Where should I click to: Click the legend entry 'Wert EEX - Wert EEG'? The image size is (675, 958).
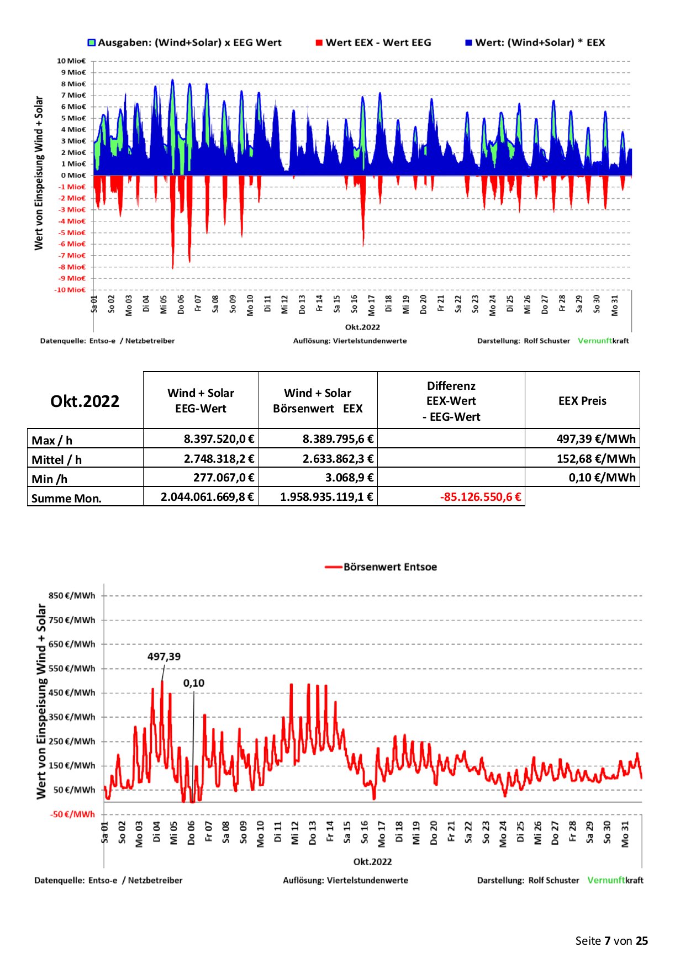[373, 43]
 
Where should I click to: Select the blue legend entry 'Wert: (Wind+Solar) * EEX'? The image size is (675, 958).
[535, 43]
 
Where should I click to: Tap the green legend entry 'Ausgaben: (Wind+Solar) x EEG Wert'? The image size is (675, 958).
[184, 43]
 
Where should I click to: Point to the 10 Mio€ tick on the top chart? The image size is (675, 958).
[71, 61]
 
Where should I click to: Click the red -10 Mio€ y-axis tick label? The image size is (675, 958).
[70, 290]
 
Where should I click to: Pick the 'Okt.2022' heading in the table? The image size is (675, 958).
[85, 401]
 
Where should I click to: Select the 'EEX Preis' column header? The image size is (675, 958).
[582, 401]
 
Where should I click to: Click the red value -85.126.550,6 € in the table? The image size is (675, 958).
[481, 496]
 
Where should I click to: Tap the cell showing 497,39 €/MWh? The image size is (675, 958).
[596, 439]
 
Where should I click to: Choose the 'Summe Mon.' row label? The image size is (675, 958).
[66, 498]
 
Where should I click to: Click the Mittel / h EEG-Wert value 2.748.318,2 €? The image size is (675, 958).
[219, 458]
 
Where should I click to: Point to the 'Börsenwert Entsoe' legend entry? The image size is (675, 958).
[381, 567]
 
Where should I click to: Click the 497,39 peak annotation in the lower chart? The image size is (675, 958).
[164, 657]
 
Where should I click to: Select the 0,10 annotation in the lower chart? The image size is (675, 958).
[194, 683]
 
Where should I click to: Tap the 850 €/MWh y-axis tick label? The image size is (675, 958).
[72, 596]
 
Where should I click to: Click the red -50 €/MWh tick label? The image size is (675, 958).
[73, 814]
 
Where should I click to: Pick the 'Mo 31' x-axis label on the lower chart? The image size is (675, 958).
[625, 834]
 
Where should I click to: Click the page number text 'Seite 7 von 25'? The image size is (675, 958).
[611, 941]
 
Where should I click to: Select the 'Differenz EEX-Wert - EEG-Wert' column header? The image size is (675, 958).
[451, 401]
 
